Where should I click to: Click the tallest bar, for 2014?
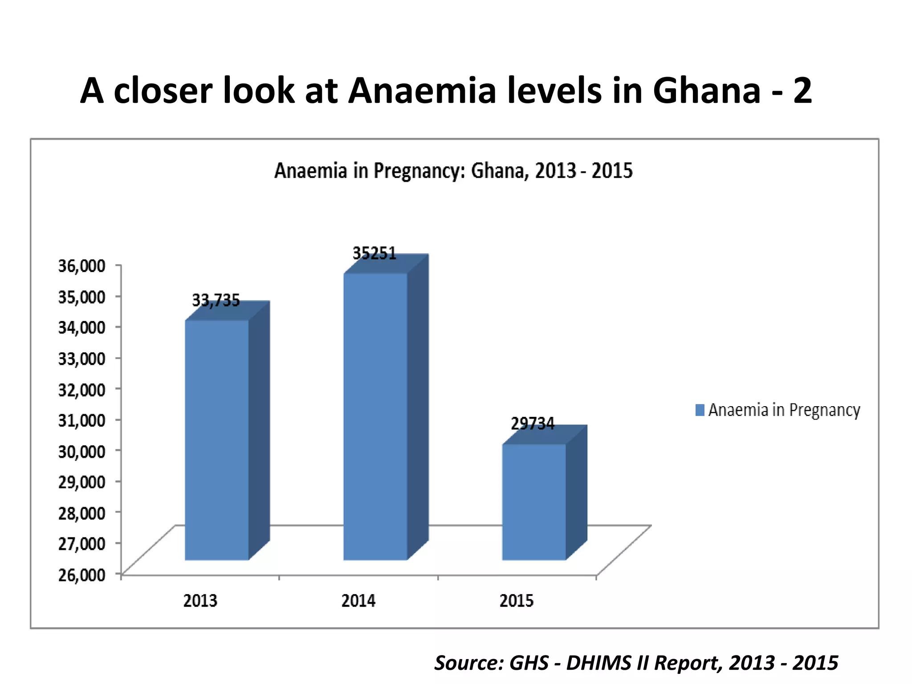click(x=375, y=416)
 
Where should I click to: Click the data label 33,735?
click(x=216, y=301)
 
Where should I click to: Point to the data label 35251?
click(x=375, y=253)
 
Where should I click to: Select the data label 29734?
click(x=533, y=423)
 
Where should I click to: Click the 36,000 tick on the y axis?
click(x=82, y=266)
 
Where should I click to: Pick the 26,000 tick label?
click(x=82, y=574)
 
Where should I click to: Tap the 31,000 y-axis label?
click(x=82, y=420)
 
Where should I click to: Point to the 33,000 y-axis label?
click(x=82, y=358)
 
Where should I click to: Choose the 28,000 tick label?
click(x=82, y=513)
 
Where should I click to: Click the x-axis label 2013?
click(x=200, y=601)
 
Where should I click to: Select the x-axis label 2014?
click(x=358, y=601)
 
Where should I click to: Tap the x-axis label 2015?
click(x=517, y=601)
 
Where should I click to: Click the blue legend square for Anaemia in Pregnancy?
click(x=700, y=410)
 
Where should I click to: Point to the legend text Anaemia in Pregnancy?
click(x=784, y=410)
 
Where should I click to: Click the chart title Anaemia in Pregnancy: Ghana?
click(x=453, y=171)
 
